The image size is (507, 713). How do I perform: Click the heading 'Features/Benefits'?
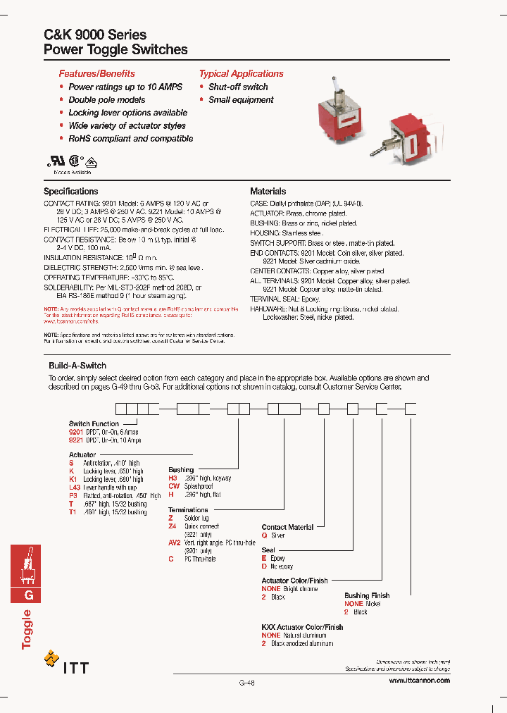96,73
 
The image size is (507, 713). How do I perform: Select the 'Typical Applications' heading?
241,73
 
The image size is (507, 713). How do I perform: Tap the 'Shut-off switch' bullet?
238,87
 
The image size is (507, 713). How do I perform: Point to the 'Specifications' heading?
71,191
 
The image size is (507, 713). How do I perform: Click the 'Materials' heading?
268,191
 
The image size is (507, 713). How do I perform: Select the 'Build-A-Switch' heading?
77,366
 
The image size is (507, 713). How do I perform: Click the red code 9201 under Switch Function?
76,432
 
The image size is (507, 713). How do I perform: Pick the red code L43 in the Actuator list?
75,488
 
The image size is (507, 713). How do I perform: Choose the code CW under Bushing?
174,486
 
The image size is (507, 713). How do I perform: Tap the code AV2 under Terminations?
175,542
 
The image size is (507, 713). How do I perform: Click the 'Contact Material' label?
288,527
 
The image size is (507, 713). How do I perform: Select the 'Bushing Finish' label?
367,595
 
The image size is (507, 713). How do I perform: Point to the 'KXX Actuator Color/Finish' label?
302,626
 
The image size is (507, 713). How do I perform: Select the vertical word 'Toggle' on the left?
27,629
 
